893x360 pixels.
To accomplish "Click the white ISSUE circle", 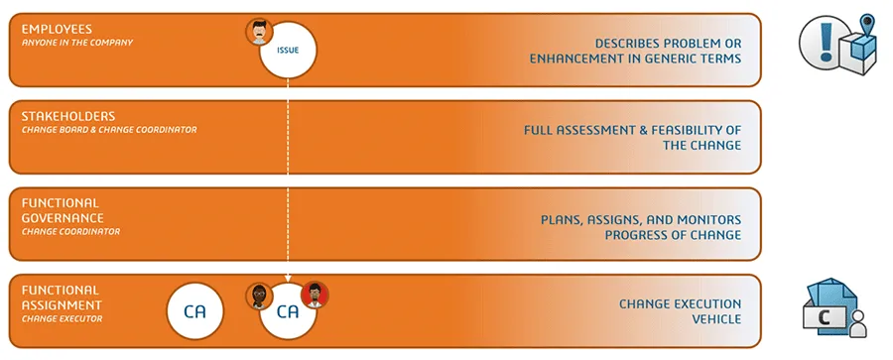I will pos(288,50).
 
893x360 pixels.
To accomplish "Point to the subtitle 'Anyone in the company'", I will pos(77,43).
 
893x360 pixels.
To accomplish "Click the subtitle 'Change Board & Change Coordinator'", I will pos(109,130).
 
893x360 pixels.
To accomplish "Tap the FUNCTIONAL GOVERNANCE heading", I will pos(63,210).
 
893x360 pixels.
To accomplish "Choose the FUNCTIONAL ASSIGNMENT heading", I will pos(62,298).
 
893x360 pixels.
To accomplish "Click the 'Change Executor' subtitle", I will pos(62,318).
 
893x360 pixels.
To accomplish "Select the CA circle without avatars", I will pos(195,311).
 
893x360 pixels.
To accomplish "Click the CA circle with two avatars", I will pos(288,312).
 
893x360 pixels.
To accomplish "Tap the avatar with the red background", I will pos(315,295).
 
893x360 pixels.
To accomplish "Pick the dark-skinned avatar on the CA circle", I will pos(259,296).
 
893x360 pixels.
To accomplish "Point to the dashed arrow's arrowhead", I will pos(288,281).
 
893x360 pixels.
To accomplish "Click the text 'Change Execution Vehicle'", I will pos(680,311).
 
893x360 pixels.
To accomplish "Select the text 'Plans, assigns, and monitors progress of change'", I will pos(640,226).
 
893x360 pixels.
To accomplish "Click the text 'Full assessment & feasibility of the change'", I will pos(633,138).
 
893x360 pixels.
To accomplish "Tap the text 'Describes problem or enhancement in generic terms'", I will pos(635,52).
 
